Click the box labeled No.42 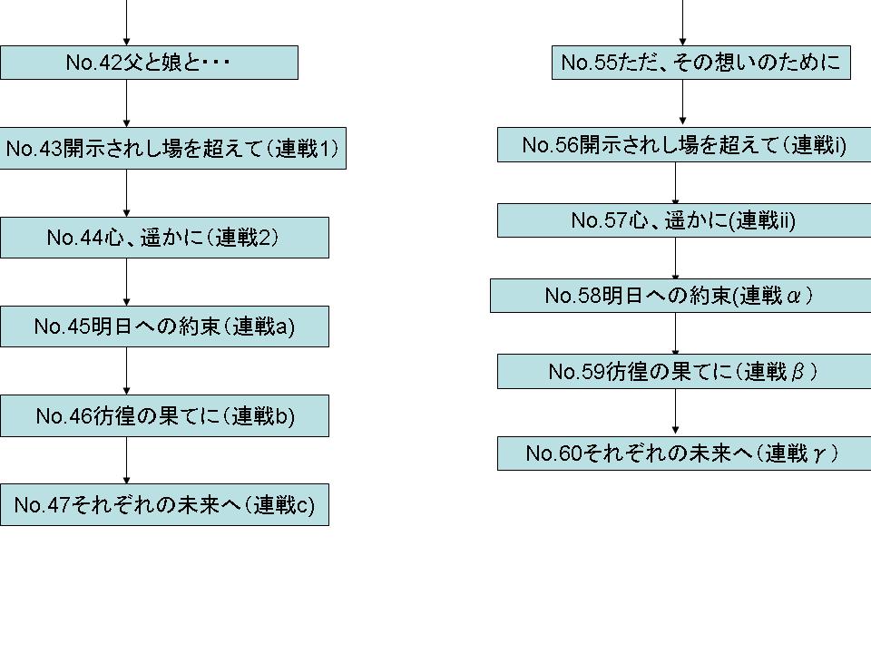[x=149, y=63]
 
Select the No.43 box [x=172, y=149]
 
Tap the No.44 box [x=164, y=238]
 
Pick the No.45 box [x=164, y=326]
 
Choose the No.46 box [x=164, y=415]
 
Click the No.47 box [x=164, y=505]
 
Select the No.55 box [x=700, y=63]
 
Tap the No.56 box [x=684, y=145]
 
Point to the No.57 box [x=684, y=220]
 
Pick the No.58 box [x=680, y=296]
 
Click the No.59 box [x=684, y=372]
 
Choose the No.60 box [x=684, y=453]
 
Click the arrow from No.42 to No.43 [x=126, y=103]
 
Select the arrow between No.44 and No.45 [x=126, y=282]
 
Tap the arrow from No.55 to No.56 [x=683, y=103]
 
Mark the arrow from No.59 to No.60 [x=676, y=413]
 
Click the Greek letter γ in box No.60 [x=818, y=453]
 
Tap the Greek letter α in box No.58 [x=792, y=297]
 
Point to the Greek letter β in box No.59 [x=798, y=373]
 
